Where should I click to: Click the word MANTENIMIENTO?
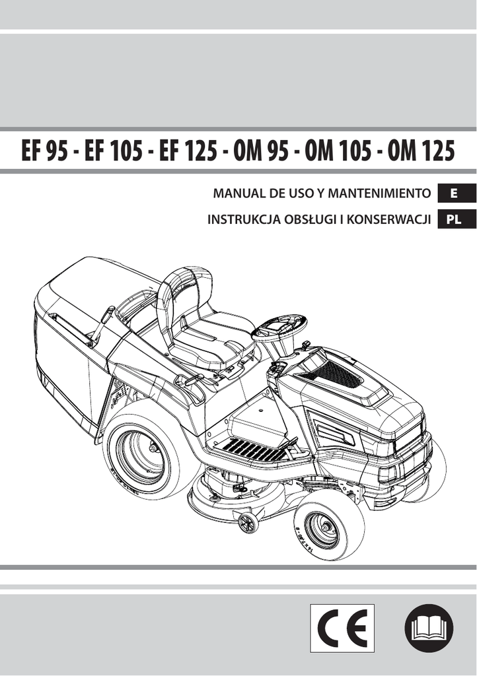379,193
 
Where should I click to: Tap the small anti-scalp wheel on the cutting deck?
246,522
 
